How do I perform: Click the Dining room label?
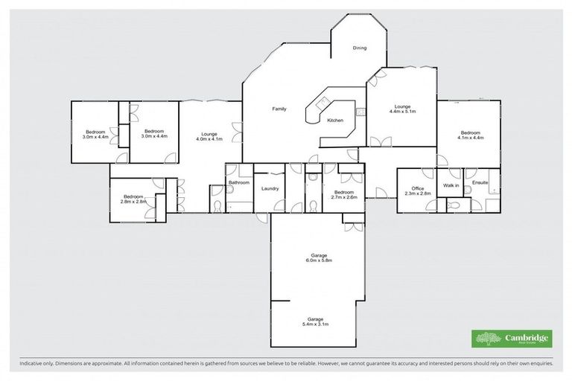pos(360,48)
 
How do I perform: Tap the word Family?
pos(279,109)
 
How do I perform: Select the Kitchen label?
pos(335,120)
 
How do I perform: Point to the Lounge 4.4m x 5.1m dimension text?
pos(402,111)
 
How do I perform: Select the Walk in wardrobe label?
pos(451,185)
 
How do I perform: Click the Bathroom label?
pos(238,182)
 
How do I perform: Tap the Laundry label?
pos(270,188)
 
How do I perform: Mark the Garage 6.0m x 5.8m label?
pos(318,257)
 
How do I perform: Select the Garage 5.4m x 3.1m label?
pos(315,321)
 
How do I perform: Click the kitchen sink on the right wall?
pos(360,112)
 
